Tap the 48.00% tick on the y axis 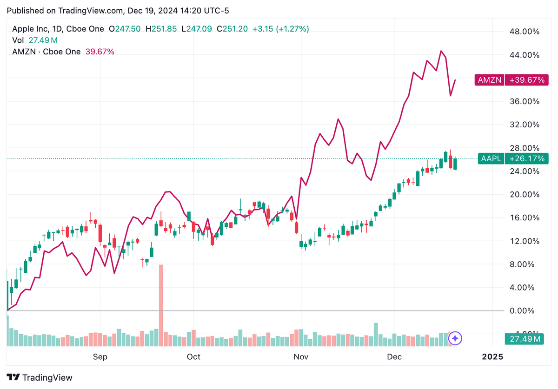coord(525,32)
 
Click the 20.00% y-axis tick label coord(525,194)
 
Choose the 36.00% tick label coord(525,101)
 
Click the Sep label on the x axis coord(100,356)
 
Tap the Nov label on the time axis coord(301,356)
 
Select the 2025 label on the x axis coord(492,356)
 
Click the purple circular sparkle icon coord(456,338)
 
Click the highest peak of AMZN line coord(441,51)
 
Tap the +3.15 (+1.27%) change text coord(280,29)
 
